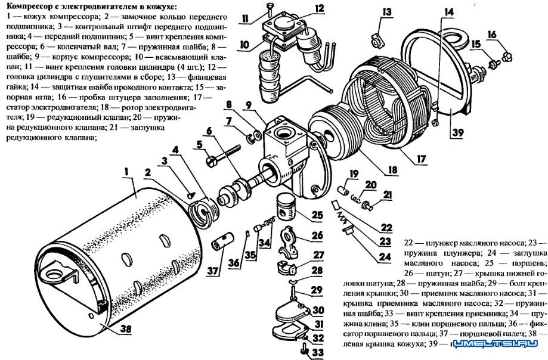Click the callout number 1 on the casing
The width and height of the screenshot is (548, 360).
[x=126, y=173]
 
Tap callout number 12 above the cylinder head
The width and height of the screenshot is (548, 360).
[x=320, y=8]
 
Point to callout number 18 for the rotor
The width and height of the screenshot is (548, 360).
[x=391, y=170]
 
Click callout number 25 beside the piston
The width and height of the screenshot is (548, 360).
[x=317, y=214]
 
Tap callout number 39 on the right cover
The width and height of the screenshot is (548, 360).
[x=457, y=132]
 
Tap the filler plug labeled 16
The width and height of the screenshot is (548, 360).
[x=505, y=57]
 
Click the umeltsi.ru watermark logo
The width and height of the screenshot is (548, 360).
[x=495, y=345]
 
